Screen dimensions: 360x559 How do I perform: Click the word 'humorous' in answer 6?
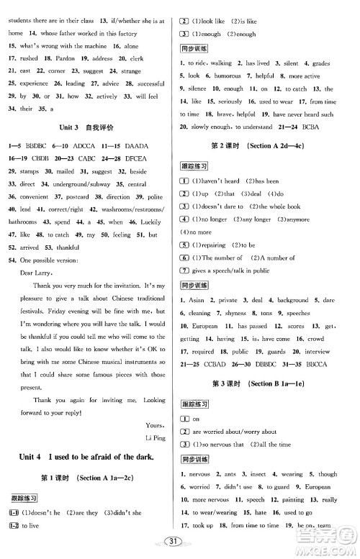(x=228, y=75)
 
